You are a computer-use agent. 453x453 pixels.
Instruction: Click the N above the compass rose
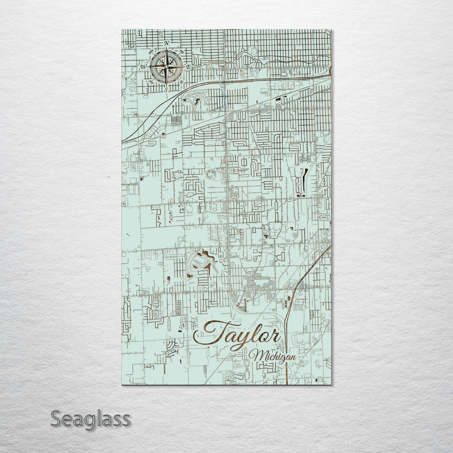[167, 43]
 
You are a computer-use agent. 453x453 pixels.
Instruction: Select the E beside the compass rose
[189, 67]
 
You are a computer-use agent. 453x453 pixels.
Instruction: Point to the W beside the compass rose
[144, 66]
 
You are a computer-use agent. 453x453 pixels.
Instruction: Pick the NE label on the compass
[182, 51]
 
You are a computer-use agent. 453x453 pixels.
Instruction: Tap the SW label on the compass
[152, 82]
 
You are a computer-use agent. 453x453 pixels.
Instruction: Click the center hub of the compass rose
[166, 66]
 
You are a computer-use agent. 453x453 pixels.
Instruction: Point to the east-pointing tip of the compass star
[185, 66]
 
